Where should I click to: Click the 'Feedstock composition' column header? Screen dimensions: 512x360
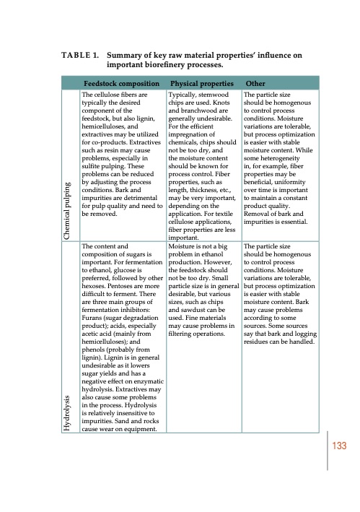[x=120, y=83]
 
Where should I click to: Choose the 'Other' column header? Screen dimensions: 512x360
[x=256, y=83]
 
